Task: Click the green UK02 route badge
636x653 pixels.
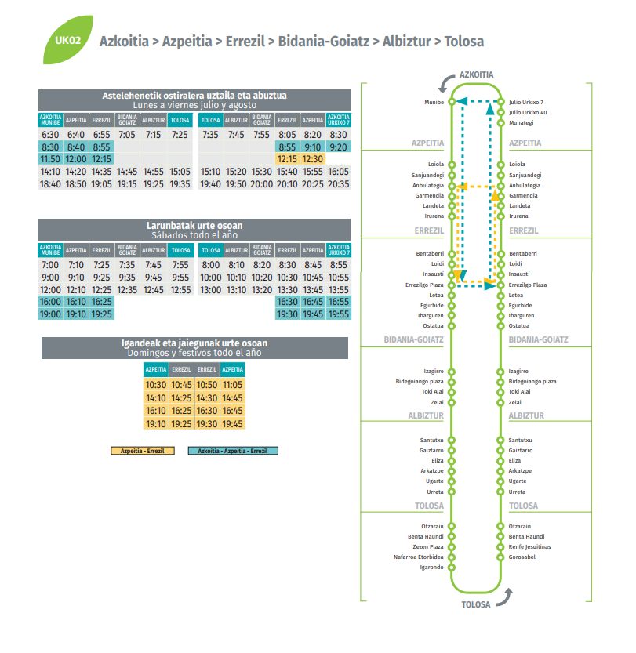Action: tap(68, 40)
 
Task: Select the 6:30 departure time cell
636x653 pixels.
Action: tap(50, 135)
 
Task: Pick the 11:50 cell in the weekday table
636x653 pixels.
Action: tap(50, 159)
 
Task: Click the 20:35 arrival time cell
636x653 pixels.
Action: tap(338, 183)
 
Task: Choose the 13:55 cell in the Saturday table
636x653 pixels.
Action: tap(338, 290)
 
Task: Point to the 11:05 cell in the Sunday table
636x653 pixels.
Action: tap(232, 385)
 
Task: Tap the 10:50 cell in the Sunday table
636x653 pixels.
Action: tap(207, 385)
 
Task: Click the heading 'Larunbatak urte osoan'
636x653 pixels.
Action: tap(194, 226)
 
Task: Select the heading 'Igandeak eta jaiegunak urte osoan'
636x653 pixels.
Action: tap(194, 343)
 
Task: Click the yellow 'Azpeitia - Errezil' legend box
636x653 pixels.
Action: tap(143, 451)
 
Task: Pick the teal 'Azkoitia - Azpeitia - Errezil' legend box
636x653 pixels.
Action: tap(233, 451)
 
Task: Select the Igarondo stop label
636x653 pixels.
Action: tap(431, 567)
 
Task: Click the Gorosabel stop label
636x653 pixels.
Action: tap(522, 557)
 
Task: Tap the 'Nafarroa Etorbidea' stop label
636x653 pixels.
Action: tap(419, 557)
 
